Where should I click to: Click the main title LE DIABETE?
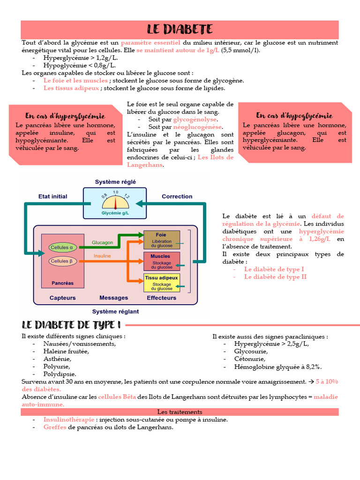point(180,30)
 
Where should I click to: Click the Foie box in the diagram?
point(162,240)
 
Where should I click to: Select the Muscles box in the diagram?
point(162,262)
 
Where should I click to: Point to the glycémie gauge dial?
point(115,202)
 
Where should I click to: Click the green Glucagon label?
point(102,242)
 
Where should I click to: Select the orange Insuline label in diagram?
point(102,256)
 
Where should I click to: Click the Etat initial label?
point(52,196)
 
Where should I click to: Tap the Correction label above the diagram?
point(177,196)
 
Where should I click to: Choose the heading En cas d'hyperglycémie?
point(65,116)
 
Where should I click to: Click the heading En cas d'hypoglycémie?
point(294,115)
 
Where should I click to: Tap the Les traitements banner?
point(180,412)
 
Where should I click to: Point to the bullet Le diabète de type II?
point(275,277)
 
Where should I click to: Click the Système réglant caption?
point(115,311)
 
